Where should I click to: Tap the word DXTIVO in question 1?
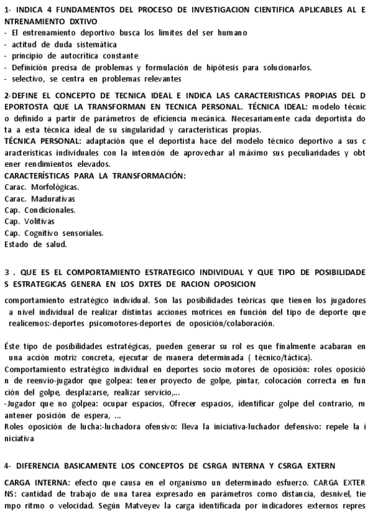(x=72, y=22)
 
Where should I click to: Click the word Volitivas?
(x=38, y=221)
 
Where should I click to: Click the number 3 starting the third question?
(x=6, y=272)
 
